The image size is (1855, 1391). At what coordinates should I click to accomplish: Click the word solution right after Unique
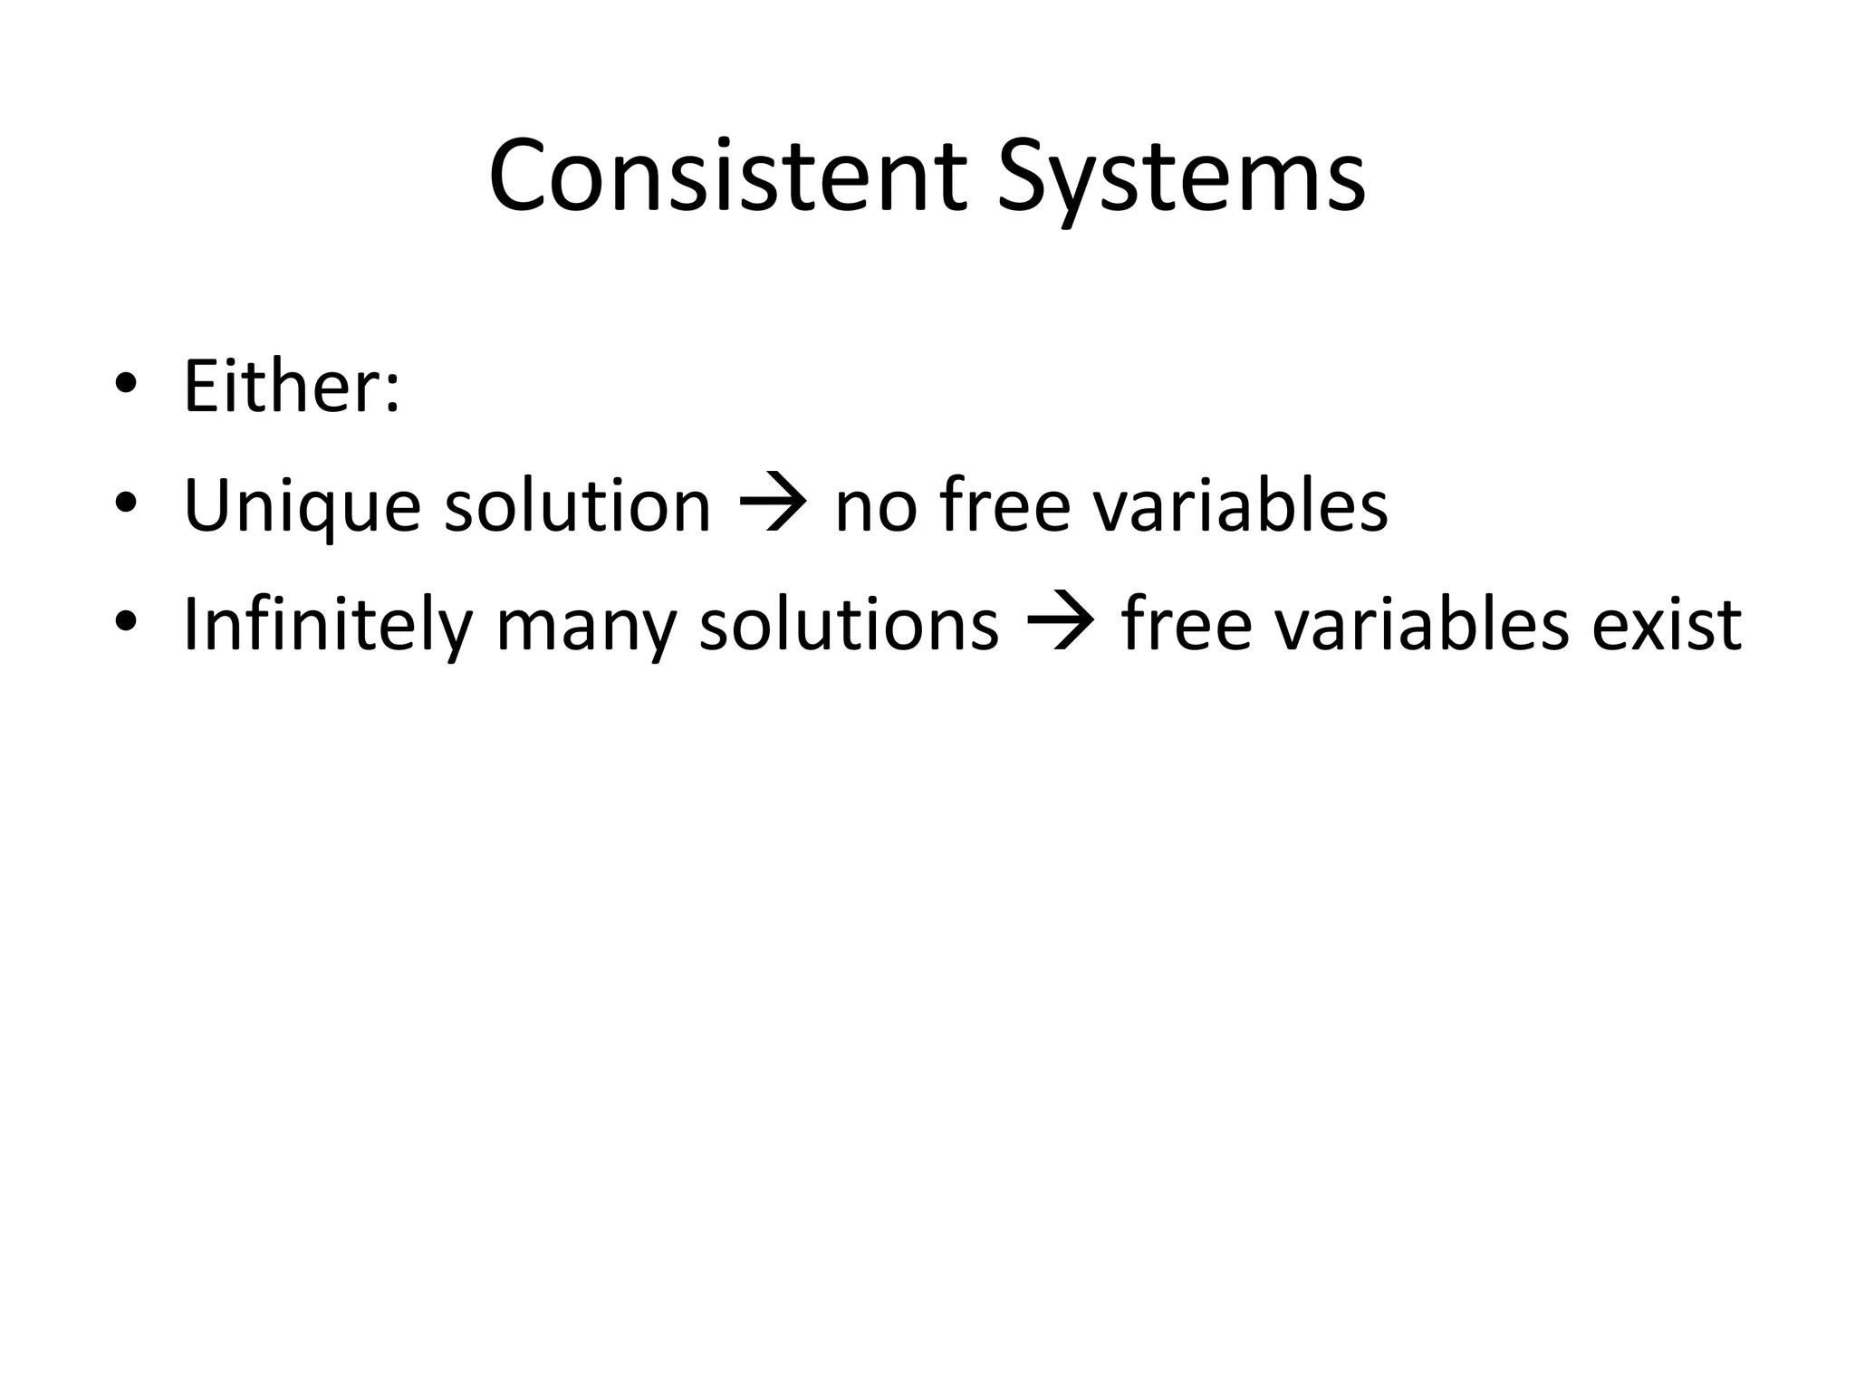pyautogui.click(x=577, y=504)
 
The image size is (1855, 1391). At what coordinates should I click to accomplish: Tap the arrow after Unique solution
pyautogui.click(x=773, y=504)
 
